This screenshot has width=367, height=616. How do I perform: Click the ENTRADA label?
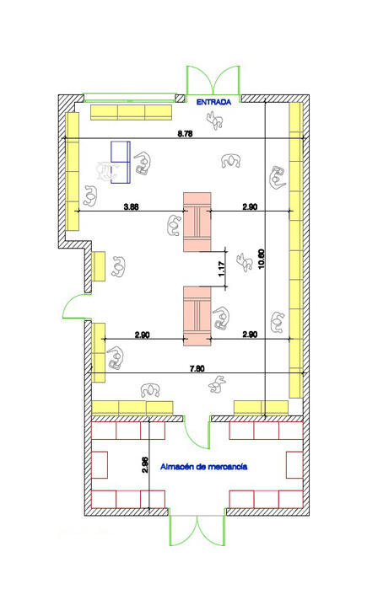(213, 102)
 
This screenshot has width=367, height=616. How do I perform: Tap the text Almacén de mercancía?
(204, 467)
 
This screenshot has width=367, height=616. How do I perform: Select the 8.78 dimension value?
(185, 134)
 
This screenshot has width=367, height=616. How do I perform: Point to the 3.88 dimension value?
(131, 206)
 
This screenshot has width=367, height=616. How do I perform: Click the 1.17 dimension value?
(221, 269)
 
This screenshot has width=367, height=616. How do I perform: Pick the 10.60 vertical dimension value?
(261, 260)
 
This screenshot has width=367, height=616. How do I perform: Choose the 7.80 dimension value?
(197, 368)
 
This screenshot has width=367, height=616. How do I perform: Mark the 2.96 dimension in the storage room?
(145, 464)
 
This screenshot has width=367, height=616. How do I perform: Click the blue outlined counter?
(121, 163)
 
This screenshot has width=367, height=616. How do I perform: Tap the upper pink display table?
(197, 222)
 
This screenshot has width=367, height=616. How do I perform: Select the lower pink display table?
(197, 316)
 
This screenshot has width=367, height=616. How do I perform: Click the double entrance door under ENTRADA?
(213, 81)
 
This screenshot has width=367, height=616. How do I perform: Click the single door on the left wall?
(75, 307)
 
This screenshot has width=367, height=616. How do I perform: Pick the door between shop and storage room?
(197, 432)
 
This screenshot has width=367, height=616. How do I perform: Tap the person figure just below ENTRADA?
(215, 121)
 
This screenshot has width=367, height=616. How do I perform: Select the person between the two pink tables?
(245, 263)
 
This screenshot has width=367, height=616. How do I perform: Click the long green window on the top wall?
(129, 94)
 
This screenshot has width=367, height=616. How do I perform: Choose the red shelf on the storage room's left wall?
(99, 465)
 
